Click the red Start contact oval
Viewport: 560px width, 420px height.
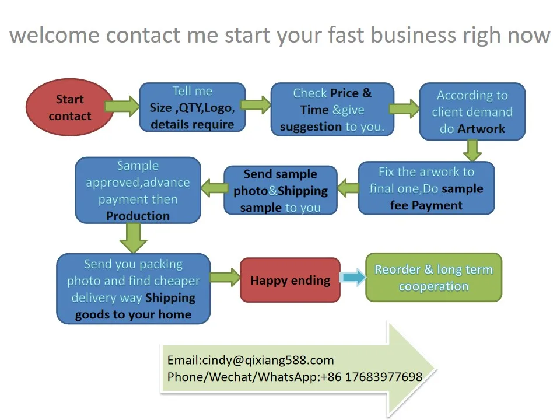(69, 107)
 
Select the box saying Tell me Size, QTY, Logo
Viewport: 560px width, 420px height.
(192, 107)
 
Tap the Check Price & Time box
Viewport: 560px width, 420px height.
(332, 110)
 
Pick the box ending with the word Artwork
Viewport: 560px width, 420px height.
(473, 112)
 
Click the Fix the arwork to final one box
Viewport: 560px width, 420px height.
(426, 188)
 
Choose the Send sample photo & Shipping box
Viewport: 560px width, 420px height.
(281, 191)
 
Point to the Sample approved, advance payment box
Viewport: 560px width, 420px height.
(138, 191)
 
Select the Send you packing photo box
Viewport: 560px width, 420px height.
(133, 289)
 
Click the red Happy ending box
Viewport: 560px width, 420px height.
(290, 281)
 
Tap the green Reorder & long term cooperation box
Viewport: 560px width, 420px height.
(433, 278)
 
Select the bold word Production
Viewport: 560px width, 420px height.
(138, 216)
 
